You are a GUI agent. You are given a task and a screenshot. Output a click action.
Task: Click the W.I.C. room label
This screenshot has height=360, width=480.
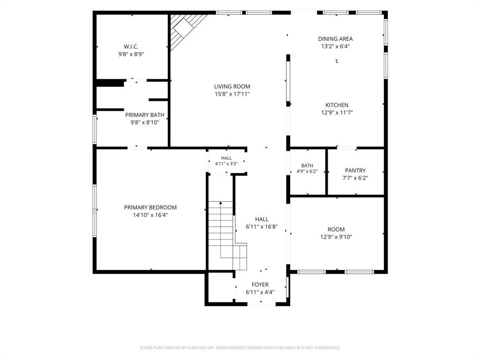[x=131, y=47]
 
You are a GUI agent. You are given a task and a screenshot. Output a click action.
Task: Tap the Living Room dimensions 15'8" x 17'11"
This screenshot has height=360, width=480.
[x=232, y=94]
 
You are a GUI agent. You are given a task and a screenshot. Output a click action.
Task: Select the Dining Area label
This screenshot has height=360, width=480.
[x=335, y=39]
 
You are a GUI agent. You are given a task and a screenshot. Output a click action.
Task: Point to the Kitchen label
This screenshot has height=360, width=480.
[x=337, y=105]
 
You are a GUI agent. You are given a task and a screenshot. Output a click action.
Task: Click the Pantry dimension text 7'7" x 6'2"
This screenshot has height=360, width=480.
[x=355, y=178]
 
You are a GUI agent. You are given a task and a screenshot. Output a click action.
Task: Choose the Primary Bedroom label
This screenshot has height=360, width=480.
[x=150, y=208]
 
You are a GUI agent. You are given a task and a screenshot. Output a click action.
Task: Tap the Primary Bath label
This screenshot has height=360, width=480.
[x=145, y=115]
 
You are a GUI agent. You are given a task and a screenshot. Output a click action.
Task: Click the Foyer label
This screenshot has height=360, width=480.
[x=260, y=285]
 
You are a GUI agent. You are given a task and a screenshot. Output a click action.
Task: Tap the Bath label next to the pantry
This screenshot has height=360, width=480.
[x=307, y=165]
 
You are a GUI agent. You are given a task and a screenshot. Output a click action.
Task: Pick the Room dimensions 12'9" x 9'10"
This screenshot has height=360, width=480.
[x=336, y=237]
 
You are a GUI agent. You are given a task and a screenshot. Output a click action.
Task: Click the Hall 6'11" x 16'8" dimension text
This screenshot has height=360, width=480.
[x=262, y=227]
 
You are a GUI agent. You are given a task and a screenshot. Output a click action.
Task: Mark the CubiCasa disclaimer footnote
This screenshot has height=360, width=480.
[x=240, y=348]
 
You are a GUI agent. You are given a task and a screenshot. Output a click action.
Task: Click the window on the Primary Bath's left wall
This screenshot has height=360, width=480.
[x=95, y=129]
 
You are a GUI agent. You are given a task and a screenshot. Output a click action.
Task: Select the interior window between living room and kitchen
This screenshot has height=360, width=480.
[x=288, y=81]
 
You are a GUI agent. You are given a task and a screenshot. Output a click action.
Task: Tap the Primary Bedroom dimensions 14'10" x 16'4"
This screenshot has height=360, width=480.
[x=150, y=215]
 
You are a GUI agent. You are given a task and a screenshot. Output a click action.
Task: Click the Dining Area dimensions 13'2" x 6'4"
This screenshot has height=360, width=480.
[x=335, y=46]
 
